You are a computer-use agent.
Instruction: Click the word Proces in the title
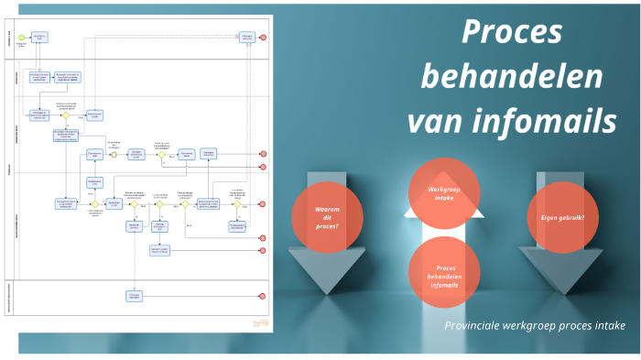[x=511, y=33]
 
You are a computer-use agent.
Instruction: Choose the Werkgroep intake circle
[x=442, y=192]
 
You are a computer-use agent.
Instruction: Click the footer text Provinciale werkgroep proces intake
[x=536, y=325]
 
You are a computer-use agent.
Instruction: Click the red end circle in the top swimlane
[x=263, y=38]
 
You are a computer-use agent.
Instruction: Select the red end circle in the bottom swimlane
[x=263, y=296]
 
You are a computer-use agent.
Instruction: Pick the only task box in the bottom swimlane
[x=135, y=296]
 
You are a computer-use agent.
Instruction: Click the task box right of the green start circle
[x=40, y=38]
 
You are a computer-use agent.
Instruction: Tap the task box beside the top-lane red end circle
[x=247, y=38]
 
